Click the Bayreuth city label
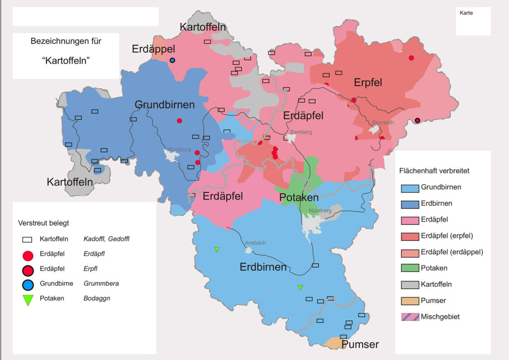pos(383,122)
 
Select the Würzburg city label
pos(179,149)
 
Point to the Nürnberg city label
pos(320,211)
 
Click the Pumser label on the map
pos(360,345)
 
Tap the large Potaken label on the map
pos(299,197)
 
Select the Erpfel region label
pos(368,83)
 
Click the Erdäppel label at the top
pos(154,49)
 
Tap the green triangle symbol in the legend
pos(28,300)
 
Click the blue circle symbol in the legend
pos(28,284)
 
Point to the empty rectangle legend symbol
pos(28,239)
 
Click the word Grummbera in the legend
pos(101,284)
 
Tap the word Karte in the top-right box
pos(466,13)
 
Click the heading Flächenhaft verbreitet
pos(434,171)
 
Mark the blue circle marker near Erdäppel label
pos(172,60)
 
